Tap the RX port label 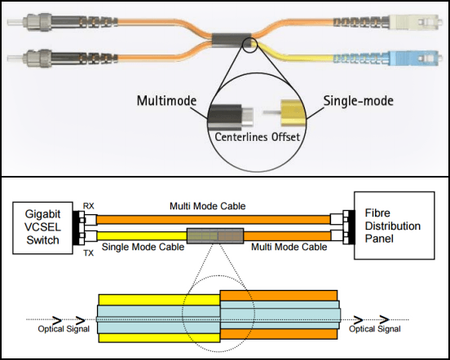90,207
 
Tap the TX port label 90,252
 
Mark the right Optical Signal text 375,330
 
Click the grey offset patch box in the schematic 214,236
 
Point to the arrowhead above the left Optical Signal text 56,318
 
